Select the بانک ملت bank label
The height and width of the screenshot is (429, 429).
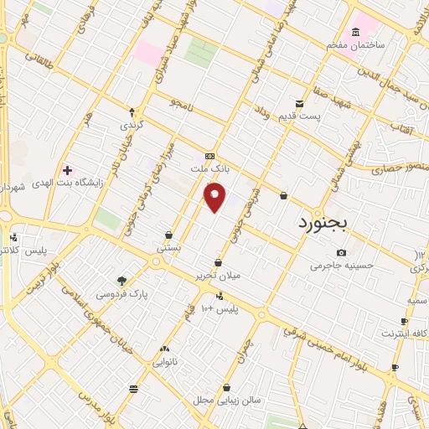[210, 168]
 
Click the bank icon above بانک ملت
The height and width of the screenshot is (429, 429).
[209, 156]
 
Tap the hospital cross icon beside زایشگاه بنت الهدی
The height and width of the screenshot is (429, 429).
[67, 170]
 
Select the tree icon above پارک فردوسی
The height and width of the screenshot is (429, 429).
[122, 282]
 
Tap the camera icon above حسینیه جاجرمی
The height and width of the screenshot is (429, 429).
[341, 253]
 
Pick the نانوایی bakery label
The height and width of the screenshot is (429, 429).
[163, 363]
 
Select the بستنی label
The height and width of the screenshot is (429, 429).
[168, 249]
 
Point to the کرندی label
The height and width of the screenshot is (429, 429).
[132, 124]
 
